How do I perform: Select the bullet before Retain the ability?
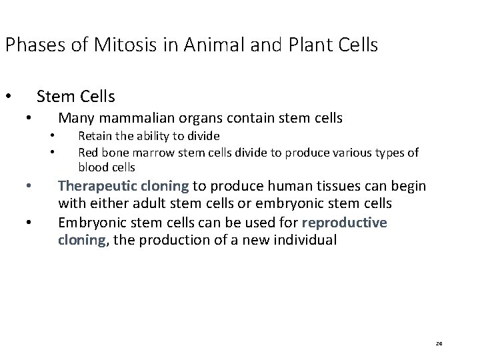(51, 137)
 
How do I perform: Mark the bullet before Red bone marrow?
(51, 153)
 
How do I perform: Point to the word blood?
(94, 167)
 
